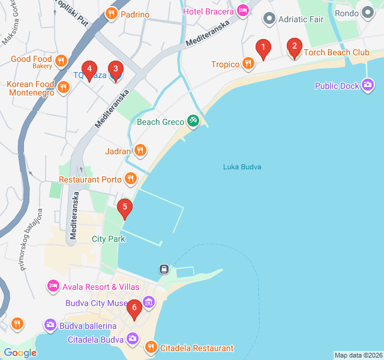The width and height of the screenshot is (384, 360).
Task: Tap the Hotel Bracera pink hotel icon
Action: (x=242, y=10)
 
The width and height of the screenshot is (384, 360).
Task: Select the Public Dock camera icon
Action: (x=368, y=86)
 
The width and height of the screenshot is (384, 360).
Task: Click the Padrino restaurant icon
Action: (x=111, y=14)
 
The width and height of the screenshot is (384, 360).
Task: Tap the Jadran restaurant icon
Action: (x=140, y=151)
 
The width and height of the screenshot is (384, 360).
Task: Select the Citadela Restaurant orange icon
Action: (x=151, y=347)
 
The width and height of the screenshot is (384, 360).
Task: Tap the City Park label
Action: (x=109, y=239)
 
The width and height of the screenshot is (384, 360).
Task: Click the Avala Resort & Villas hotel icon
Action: (x=53, y=286)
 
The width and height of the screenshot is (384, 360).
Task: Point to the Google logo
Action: (x=20, y=353)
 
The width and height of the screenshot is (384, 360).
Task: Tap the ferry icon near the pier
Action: (x=163, y=269)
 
